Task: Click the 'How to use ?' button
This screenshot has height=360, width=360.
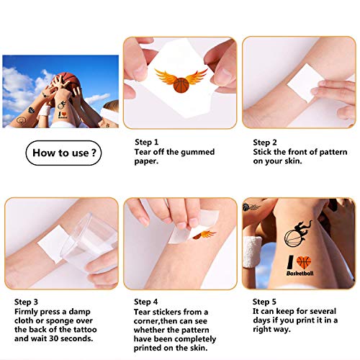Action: pyautogui.click(x=63, y=153)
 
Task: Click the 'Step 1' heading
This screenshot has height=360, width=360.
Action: pyautogui.click(x=148, y=143)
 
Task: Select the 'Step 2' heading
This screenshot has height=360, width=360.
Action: pyautogui.click(x=265, y=143)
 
